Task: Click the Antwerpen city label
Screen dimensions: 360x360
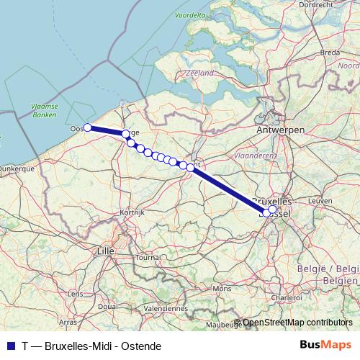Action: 280,129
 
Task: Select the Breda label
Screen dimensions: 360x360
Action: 330,53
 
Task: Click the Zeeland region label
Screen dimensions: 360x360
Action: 199,73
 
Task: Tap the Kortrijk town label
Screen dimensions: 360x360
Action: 132,212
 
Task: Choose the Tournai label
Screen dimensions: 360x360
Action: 148,256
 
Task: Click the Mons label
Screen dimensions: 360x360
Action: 222,288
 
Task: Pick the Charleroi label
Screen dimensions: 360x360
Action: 287,297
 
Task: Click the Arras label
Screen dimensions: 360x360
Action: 68,322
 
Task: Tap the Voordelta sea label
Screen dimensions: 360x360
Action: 189,14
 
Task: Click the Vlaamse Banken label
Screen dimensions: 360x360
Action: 44,109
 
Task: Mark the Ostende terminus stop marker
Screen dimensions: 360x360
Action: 87,127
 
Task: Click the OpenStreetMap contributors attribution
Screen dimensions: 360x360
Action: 298,323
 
